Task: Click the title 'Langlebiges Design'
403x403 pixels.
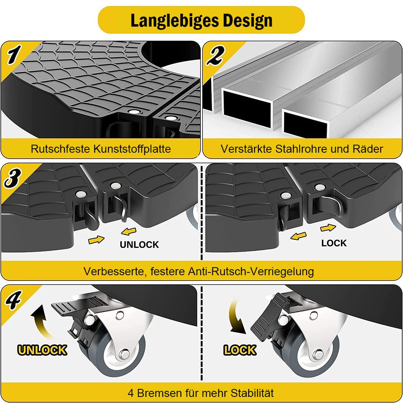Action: pyautogui.click(x=201, y=20)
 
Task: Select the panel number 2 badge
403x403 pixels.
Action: pyautogui.click(x=215, y=55)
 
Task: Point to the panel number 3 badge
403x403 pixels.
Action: pyautogui.click(x=12, y=178)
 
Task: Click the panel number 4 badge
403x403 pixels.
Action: pyautogui.click(x=13, y=300)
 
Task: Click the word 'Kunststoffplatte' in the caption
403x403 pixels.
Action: pyautogui.click(x=132, y=149)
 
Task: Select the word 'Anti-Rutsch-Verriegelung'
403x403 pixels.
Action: pyautogui.click(x=251, y=271)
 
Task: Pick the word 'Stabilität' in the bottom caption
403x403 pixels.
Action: pyautogui.click(x=252, y=393)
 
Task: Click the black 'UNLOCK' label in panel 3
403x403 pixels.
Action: pyautogui.click(x=139, y=245)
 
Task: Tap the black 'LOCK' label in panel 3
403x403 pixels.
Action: pyautogui.click(x=334, y=243)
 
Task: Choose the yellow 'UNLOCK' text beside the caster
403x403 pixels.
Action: pyautogui.click(x=42, y=350)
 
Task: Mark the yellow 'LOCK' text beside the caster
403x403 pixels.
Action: pyautogui.click(x=240, y=350)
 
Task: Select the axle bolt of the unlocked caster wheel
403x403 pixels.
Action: pyautogui.click(x=125, y=354)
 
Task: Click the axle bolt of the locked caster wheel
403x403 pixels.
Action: pyautogui.click(x=319, y=355)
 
